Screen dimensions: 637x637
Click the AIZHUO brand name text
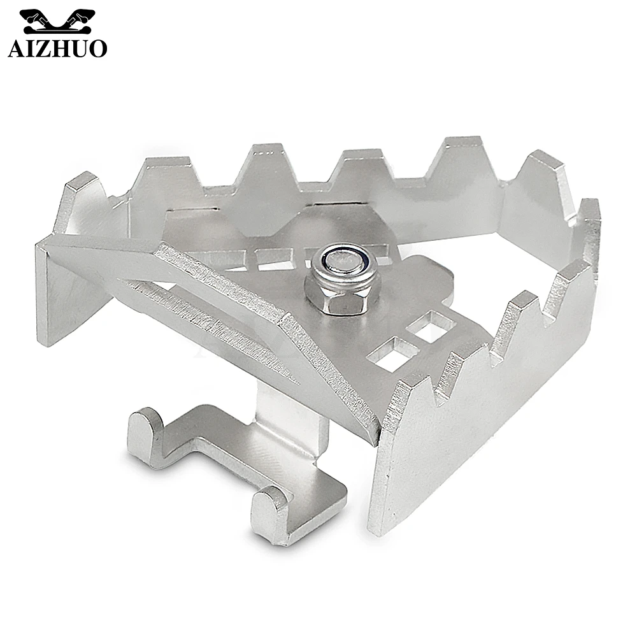tap(57, 48)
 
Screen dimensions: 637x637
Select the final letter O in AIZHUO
tap(98, 48)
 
